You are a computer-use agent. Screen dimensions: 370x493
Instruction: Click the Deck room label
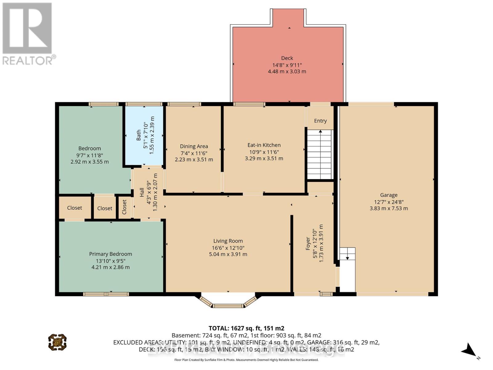coord(287,58)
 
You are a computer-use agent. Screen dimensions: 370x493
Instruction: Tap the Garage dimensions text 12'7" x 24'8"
coord(389,202)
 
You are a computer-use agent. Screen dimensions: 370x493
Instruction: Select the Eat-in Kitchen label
coord(264,145)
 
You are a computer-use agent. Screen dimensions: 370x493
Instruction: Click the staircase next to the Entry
coord(320,154)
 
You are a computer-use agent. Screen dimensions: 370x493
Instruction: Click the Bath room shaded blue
coord(144,136)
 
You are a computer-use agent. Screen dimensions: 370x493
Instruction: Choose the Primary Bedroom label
coord(110,254)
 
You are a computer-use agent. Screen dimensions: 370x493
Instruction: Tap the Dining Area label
coord(194,146)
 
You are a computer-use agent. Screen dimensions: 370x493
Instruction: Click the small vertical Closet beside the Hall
coord(124,207)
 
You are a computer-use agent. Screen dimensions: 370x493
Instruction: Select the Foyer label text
coord(308,244)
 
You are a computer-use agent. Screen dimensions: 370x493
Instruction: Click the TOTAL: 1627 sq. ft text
coord(246,328)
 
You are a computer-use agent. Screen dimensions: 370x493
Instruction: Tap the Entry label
coord(320,121)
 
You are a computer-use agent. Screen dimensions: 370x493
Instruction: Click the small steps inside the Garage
coord(347,254)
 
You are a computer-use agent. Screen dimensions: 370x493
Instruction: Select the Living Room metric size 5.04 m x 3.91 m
coord(228,254)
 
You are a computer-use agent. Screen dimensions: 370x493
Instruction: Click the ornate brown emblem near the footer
coord(57,342)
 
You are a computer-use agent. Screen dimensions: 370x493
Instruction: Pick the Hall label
coord(142,192)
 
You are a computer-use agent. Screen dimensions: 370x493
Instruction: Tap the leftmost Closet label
coord(75,208)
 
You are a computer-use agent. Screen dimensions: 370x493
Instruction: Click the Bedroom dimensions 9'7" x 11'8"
coord(89,155)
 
